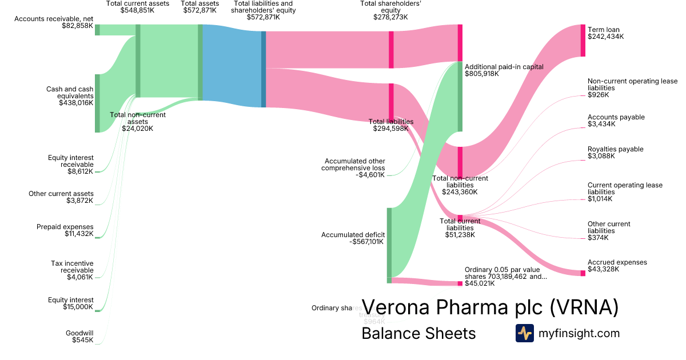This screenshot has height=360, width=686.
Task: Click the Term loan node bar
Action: click(x=583, y=41)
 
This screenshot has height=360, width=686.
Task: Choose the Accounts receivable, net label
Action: click(x=54, y=22)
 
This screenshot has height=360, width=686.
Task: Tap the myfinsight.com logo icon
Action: click(x=524, y=333)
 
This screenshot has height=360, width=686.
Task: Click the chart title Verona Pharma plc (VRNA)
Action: click(x=490, y=307)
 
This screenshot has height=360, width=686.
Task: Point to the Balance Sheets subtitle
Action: click(x=418, y=333)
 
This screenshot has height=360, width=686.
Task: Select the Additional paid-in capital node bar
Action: click(x=460, y=97)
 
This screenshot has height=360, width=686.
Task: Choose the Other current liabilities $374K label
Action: click(x=609, y=231)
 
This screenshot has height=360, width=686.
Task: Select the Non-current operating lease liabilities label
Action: click(x=632, y=88)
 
